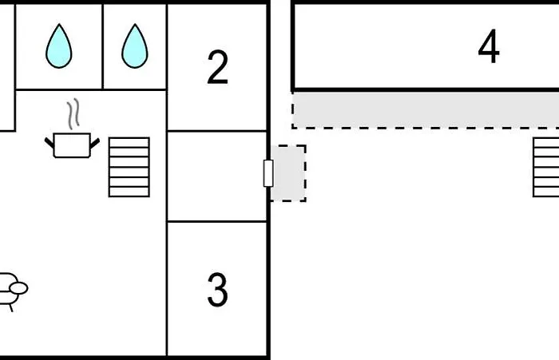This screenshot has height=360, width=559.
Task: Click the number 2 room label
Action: click(x=217, y=67)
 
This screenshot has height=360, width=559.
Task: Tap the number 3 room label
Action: click(x=217, y=290)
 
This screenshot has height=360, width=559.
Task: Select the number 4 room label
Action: click(x=489, y=46)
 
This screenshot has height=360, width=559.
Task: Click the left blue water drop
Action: click(x=59, y=45)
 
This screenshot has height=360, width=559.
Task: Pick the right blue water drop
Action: click(x=135, y=45)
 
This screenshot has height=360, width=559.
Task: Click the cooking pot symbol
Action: click(x=72, y=145)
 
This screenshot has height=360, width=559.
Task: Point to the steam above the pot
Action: click(x=73, y=114)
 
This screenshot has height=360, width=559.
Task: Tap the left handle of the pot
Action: click(x=50, y=144)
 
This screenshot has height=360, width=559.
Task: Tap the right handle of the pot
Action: click(x=95, y=144)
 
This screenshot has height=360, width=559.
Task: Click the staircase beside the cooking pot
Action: click(x=129, y=167)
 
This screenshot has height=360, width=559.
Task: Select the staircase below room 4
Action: click(x=545, y=167)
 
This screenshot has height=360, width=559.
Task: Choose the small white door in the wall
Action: click(x=268, y=173)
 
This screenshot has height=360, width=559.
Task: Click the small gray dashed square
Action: click(x=288, y=173)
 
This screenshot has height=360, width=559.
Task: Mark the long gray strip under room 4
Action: click(x=426, y=110)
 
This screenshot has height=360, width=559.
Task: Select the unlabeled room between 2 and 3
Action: click(x=217, y=176)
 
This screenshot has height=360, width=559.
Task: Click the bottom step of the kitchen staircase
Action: click(x=129, y=192)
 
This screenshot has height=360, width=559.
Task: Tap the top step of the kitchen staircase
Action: click(x=129, y=143)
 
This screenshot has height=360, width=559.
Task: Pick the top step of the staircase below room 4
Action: click(x=546, y=143)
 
